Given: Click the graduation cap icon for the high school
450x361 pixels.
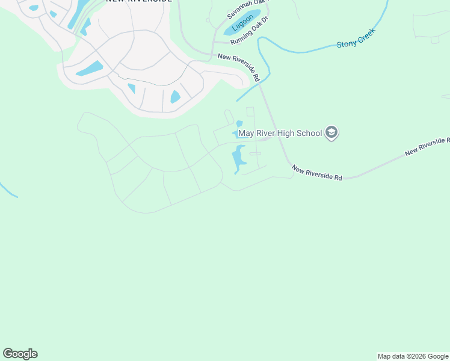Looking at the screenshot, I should (x=331, y=133).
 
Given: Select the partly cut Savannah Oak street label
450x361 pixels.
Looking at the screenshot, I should (x=247, y=8).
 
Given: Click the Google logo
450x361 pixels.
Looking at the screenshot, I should (x=20, y=354).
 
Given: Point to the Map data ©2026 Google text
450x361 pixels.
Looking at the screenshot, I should (x=413, y=356).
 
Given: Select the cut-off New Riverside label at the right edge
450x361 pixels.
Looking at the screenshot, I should (x=427, y=146).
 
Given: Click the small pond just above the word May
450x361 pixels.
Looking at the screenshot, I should (x=239, y=124).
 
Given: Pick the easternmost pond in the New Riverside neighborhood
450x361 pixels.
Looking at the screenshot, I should (x=175, y=96).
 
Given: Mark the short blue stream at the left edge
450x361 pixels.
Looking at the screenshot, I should (x=8, y=191).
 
